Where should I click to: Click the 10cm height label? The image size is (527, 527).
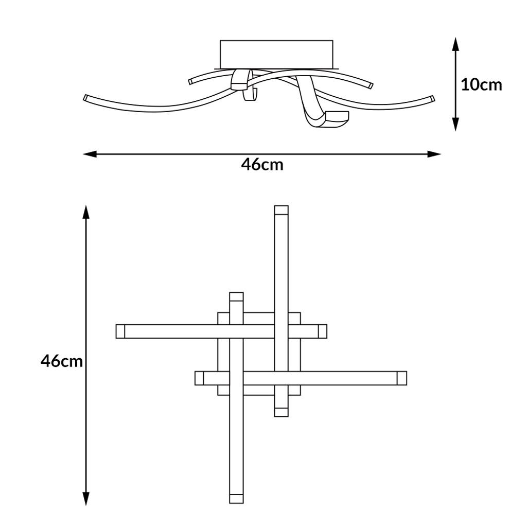point(481,85)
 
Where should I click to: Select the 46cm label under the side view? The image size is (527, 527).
point(262,165)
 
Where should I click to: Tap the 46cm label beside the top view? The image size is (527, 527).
point(62,361)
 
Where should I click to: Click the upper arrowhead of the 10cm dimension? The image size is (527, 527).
point(455,44)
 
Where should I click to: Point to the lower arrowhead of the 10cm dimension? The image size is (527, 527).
point(455,124)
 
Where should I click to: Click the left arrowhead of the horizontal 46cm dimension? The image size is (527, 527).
point(90,154)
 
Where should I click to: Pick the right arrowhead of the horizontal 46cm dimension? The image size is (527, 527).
point(434,154)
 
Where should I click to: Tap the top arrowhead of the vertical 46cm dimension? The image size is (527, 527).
point(86,212)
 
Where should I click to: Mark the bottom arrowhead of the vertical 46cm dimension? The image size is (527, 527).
point(86,499)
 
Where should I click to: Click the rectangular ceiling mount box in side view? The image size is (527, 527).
point(276,54)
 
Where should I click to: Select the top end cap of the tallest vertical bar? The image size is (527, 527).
point(282,210)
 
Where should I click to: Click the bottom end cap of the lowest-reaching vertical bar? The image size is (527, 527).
point(236,499)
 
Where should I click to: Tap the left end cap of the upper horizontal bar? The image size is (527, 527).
point(120,331)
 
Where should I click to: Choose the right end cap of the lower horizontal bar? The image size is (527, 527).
point(402,378)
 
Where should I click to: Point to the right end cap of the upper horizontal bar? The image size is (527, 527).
point(323,331)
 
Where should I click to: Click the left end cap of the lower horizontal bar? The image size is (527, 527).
point(199,378)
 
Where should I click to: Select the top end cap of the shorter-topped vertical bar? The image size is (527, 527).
point(236,297)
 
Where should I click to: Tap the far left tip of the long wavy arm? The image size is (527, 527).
point(85,98)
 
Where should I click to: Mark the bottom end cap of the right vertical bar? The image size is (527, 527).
point(282,412)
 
